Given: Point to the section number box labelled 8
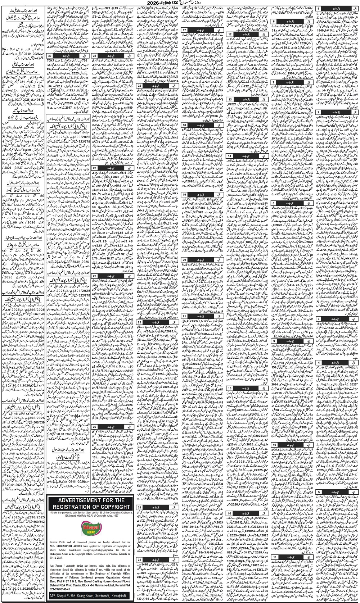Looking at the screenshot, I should tap(274, 203).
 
